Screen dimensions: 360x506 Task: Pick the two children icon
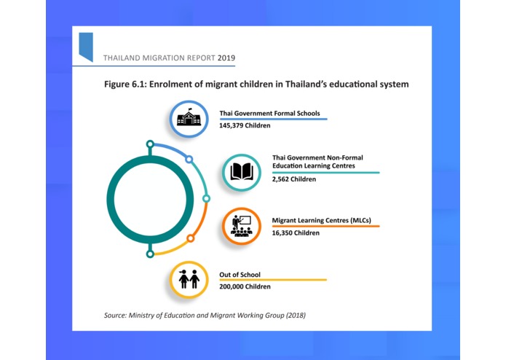pyautogui.click(x=189, y=280)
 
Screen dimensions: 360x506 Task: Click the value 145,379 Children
pyautogui.click(x=245, y=126)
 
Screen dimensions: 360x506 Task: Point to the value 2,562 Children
pyautogui.click(x=294, y=179)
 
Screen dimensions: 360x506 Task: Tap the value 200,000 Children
pyautogui.click(x=245, y=286)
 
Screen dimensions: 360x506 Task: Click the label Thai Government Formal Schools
pyautogui.click(x=269, y=114)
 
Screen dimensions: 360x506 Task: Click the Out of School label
pyautogui.click(x=240, y=274)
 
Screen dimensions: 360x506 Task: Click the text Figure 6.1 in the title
pyautogui.click(x=123, y=85)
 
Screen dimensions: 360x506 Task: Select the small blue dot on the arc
pyautogui.click(x=189, y=159)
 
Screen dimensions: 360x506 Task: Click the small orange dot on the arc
pyautogui.click(x=191, y=238)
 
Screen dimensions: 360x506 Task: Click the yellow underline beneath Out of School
pyautogui.click(x=273, y=280)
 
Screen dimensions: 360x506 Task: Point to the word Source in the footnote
pyautogui.click(x=116, y=315)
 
